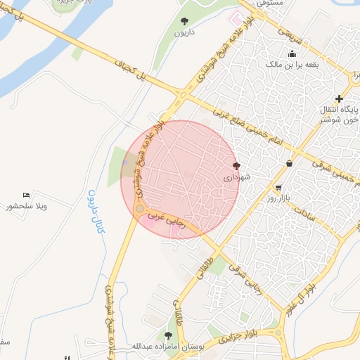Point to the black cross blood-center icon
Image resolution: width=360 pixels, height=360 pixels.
pyautogui.click(x=340, y=98)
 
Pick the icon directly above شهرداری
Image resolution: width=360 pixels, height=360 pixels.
pyautogui.click(x=236, y=167)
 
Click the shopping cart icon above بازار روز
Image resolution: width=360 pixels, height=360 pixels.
pyautogui.click(x=280, y=188)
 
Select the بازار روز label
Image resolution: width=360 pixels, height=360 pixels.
pyautogui.click(x=283, y=199)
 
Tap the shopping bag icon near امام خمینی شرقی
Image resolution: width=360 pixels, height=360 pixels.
pyautogui.click(x=289, y=164)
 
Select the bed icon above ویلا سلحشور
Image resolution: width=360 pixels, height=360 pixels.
pyautogui.click(x=27, y=195)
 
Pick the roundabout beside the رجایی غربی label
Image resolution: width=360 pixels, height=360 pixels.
pyautogui.click(x=140, y=209)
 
